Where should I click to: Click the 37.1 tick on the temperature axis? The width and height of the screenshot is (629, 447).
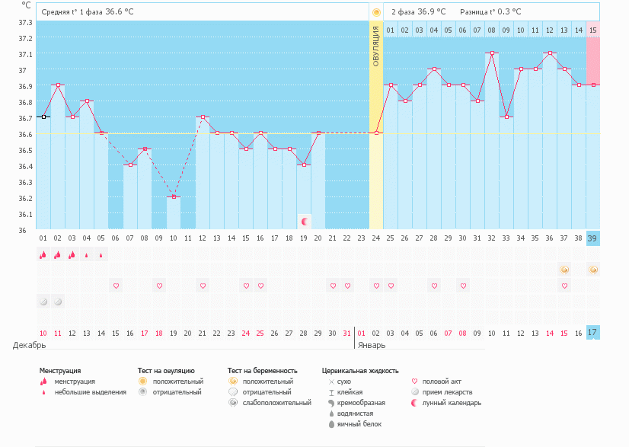pyautogui.click(x=26, y=54)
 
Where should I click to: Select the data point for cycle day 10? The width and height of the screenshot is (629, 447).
pyautogui.click(x=174, y=197)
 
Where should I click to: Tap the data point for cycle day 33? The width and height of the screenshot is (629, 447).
pyautogui.click(x=506, y=117)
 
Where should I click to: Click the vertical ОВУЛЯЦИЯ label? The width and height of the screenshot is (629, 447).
pyautogui.click(x=376, y=57)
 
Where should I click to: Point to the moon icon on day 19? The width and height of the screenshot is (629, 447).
pyautogui.click(x=305, y=222)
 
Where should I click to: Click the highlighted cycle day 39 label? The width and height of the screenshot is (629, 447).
pyautogui.click(x=592, y=238)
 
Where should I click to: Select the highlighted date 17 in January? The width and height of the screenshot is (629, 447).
pyautogui.click(x=592, y=333)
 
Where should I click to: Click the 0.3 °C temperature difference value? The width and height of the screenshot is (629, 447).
pyautogui.click(x=506, y=12)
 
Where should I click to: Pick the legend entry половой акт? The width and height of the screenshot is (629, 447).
pyautogui.click(x=442, y=381)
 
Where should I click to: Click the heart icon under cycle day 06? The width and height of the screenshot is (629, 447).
pyautogui.click(x=116, y=286)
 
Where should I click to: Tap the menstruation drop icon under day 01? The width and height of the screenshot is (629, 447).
pyautogui.click(x=43, y=255)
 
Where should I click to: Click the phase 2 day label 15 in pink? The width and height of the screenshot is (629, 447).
pyautogui.click(x=592, y=30)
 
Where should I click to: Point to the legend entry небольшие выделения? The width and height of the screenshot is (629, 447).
pyautogui.click(x=90, y=392)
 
